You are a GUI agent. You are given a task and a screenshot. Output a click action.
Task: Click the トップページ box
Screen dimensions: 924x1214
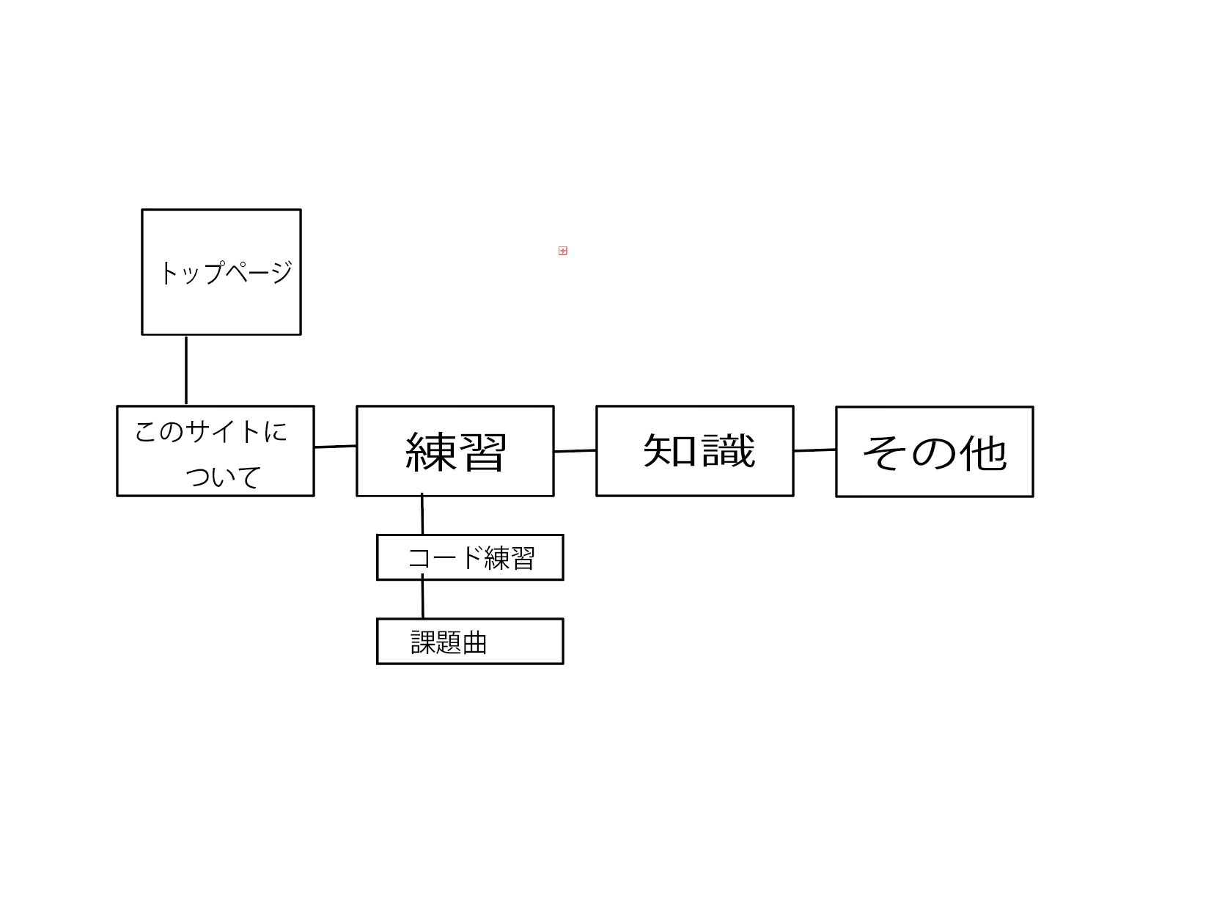(221, 272)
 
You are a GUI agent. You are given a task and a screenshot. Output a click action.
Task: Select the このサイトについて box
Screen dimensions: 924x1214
(215, 451)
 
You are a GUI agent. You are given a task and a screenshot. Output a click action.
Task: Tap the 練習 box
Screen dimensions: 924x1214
(455, 451)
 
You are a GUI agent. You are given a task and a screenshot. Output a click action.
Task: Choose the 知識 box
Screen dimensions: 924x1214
(694, 451)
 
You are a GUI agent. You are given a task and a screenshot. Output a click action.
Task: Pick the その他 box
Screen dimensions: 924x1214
(934, 452)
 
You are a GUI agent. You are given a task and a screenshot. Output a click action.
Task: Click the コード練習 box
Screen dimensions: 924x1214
(470, 557)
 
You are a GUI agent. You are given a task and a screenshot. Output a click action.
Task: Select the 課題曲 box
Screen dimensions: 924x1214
(470, 642)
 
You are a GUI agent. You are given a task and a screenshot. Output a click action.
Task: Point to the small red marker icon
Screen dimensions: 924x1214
(563, 251)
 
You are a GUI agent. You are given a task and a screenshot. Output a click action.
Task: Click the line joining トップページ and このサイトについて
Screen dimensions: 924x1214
(186, 370)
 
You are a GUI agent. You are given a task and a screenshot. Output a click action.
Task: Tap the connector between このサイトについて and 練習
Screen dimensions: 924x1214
(335, 446)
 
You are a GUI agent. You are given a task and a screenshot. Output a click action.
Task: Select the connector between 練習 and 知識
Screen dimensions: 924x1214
(575, 451)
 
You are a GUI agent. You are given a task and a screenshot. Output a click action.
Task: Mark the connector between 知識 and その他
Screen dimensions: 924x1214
(814, 450)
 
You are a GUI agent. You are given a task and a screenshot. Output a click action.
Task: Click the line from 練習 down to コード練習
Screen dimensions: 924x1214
(422, 515)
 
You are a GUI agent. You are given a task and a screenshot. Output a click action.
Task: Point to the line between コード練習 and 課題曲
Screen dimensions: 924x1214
(422, 599)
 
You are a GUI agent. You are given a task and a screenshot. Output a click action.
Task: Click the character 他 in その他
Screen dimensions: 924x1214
(983, 452)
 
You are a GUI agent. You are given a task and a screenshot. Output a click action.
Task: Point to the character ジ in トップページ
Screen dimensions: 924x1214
(279, 272)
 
